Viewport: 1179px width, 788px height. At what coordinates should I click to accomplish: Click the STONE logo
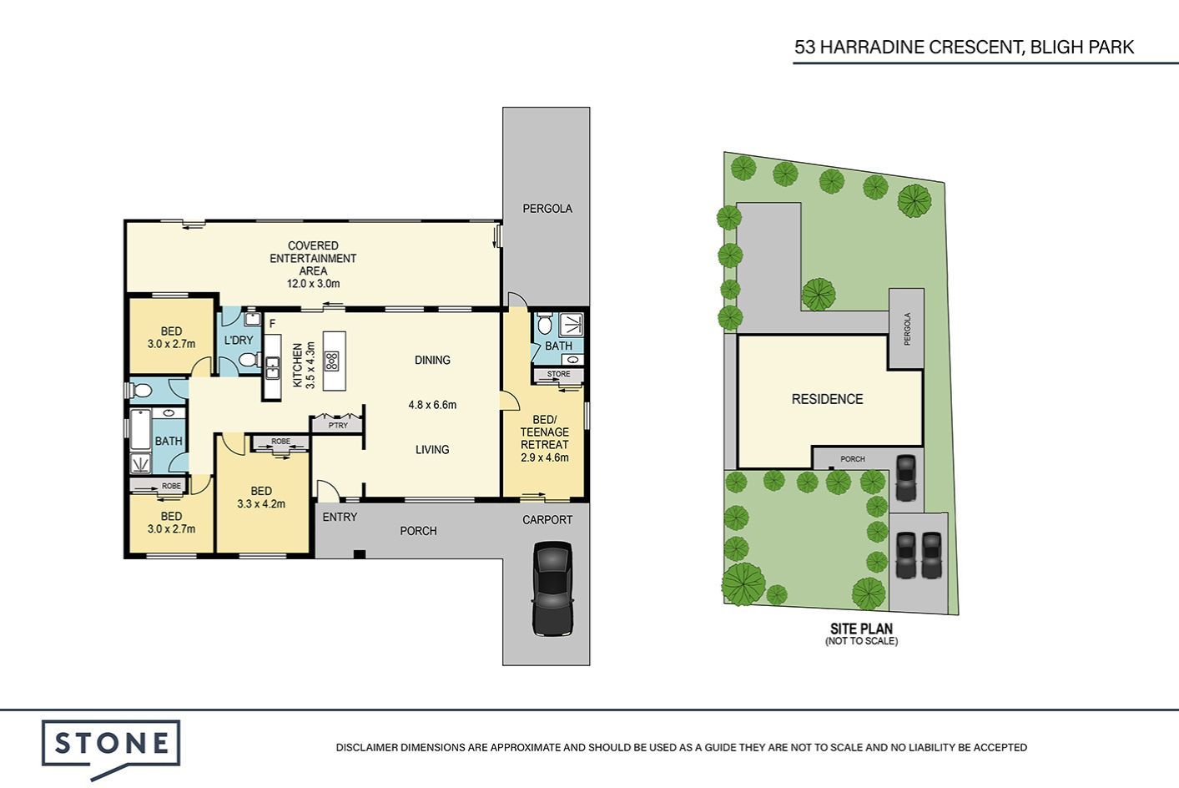click(111, 748)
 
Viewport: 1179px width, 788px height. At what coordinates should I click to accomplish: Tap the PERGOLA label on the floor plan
click(547, 209)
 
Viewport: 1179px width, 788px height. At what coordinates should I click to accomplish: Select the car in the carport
click(552, 588)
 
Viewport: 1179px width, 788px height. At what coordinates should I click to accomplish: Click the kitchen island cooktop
click(332, 361)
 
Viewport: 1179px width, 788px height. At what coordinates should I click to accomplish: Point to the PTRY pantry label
click(338, 426)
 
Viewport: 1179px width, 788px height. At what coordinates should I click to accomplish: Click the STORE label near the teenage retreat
click(558, 374)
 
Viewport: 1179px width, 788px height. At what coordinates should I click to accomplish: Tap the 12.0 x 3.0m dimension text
click(313, 284)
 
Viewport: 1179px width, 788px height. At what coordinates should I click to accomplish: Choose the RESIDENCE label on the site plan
click(828, 399)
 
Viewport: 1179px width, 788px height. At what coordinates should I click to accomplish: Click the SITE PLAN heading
click(862, 629)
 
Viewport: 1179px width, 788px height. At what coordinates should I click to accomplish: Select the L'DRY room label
click(239, 340)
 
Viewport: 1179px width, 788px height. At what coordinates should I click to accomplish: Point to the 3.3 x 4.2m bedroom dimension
click(261, 503)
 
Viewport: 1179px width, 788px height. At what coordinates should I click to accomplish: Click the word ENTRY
click(340, 517)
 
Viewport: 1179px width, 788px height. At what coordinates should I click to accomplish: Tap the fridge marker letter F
click(273, 323)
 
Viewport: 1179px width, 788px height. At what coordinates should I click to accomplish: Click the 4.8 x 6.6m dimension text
click(432, 405)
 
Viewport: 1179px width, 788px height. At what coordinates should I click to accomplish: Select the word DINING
click(433, 360)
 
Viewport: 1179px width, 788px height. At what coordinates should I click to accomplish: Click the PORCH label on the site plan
click(853, 459)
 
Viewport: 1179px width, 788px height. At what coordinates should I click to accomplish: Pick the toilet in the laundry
click(249, 360)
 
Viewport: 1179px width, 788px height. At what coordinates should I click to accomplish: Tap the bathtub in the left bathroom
click(140, 429)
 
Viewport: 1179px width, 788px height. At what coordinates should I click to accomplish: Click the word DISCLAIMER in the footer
click(367, 747)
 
